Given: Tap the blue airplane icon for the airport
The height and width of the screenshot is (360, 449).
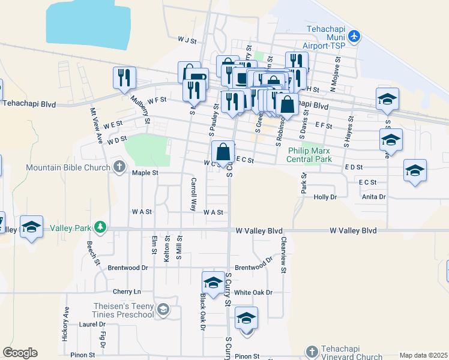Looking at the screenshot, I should coord(354,36).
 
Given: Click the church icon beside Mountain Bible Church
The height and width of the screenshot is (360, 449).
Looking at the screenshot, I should coord(119,166).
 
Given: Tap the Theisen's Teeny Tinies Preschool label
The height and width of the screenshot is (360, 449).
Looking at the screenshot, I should coord(124,310).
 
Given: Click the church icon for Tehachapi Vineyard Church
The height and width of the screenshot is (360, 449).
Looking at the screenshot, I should coord(311,351).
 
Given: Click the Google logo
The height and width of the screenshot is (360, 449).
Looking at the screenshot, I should coord(20,353).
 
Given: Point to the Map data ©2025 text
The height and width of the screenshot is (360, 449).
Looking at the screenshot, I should coord(423,355).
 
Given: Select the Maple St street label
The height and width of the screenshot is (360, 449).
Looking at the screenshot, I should coord(145,173).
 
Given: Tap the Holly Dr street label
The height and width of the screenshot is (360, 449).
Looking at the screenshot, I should coord(326,196).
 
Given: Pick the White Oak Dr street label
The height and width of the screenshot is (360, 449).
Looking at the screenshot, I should coord(253,292).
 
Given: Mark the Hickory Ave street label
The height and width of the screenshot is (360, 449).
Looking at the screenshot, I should coord(65,324).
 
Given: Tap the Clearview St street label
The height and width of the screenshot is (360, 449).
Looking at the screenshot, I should coord(282,254).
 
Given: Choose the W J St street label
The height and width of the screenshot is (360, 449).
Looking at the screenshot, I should coord(187,40).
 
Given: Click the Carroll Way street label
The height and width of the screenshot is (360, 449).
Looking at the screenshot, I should coord(193,194).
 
